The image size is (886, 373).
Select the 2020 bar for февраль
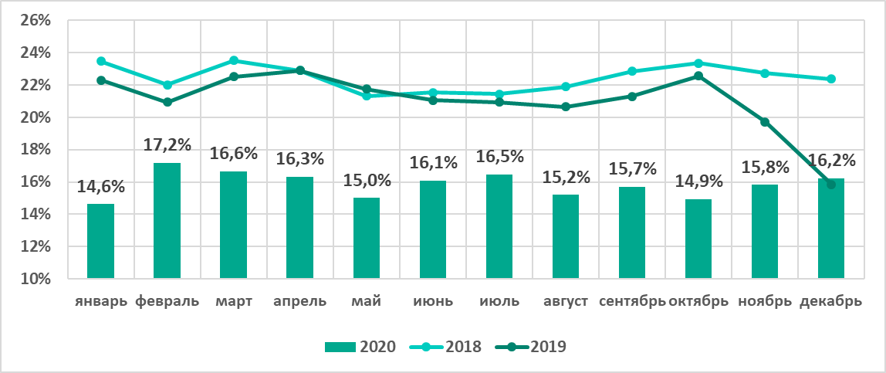click(x=167, y=220)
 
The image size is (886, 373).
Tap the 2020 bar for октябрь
click(x=698, y=239)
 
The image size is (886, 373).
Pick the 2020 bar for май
click(x=366, y=238)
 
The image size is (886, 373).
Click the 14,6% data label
click(x=100, y=186)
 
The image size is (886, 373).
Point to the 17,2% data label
click(x=167, y=144)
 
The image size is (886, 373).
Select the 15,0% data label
click(x=366, y=181)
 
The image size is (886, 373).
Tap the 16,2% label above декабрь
click(x=830, y=161)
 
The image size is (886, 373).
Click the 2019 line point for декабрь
click(x=831, y=184)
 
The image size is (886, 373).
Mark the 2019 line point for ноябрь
click(x=765, y=122)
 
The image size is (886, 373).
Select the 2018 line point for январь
click(x=100, y=61)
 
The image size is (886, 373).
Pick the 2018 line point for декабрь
click(x=831, y=79)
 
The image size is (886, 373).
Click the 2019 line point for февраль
click(x=167, y=102)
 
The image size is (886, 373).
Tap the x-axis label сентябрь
click(x=632, y=301)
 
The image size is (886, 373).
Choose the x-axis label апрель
click(x=299, y=301)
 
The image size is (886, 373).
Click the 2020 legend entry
click(x=360, y=347)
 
